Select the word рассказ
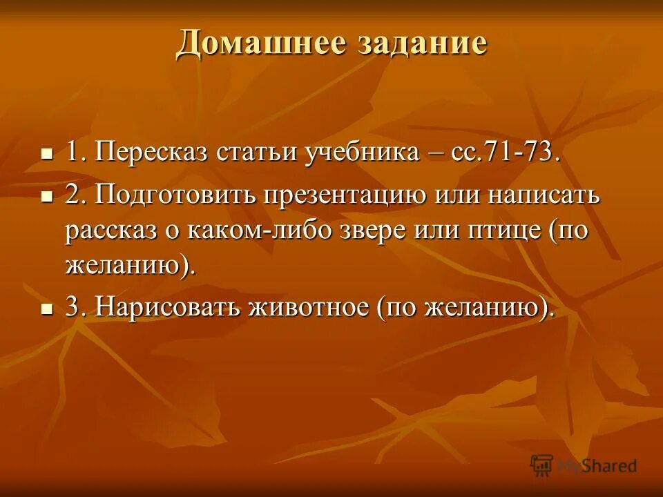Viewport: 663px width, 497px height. coord(110,231)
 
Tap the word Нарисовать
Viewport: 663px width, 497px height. coord(165,306)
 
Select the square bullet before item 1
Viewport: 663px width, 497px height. coord(47,153)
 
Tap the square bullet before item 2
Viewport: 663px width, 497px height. coord(47,196)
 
